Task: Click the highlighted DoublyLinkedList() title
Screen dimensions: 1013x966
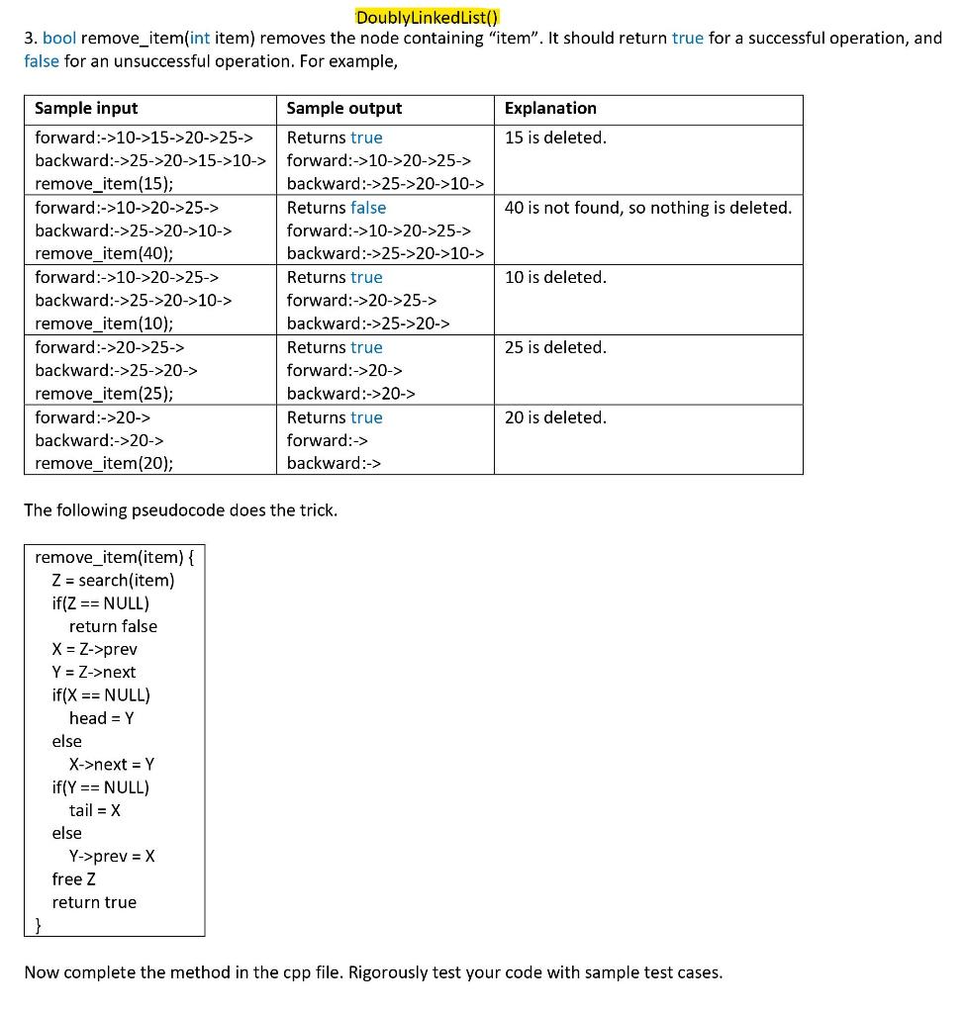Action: tap(427, 17)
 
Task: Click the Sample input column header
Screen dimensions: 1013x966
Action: tap(86, 108)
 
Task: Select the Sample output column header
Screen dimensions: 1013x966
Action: tap(344, 108)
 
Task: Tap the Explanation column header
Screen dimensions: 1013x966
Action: tap(550, 108)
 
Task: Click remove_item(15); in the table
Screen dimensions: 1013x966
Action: tap(104, 183)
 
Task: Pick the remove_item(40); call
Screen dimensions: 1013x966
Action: tap(104, 253)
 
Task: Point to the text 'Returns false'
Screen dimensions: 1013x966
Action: tap(337, 208)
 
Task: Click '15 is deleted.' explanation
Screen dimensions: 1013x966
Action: tap(555, 138)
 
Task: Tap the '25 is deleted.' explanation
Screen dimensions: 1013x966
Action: tap(555, 347)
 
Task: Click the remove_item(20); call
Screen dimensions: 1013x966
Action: tap(104, 463)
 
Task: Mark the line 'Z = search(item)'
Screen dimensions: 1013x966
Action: tap(113, 580)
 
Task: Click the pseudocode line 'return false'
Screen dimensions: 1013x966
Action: tap(113, 626)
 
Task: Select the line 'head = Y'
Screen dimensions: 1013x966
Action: tap(101, 718)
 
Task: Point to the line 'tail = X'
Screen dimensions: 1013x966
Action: tap(95, 810)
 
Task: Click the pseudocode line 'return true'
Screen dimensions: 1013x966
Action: tap(94, 902)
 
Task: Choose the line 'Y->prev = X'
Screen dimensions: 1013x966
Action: tap(112, 856)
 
